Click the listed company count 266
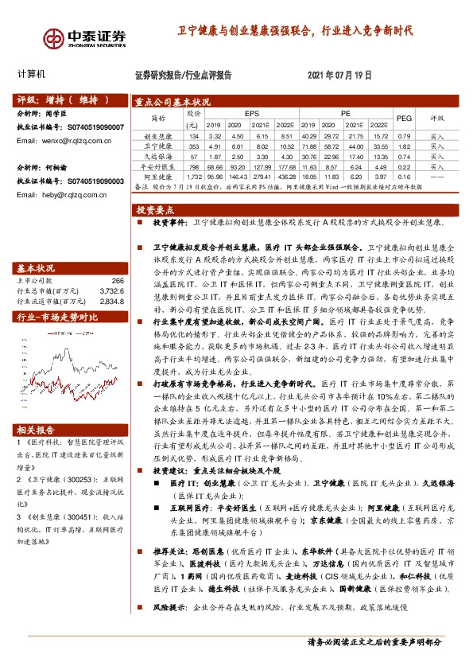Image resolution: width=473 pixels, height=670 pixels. pos(118,280)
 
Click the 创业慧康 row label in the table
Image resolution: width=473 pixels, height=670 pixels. pos(158,137)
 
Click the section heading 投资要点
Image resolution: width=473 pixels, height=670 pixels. pos(155,210)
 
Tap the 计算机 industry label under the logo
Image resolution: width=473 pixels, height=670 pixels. pos(32,74)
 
